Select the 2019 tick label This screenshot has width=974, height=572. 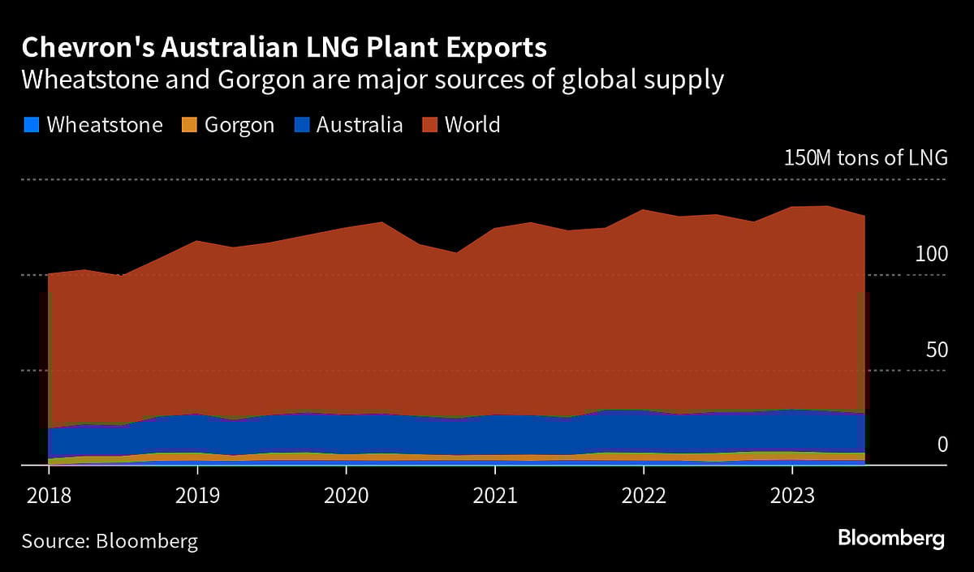tap(196, 494)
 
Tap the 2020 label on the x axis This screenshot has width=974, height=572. tap(346, 494)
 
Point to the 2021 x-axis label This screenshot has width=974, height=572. tap(494, 494)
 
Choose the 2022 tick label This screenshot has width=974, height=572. tap(644, 494)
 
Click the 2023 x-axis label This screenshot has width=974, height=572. tap(792, 494)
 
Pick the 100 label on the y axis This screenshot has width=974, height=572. tap(931, 254)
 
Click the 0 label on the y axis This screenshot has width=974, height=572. tap(942, 444)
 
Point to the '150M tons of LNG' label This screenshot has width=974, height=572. tap(865, 157)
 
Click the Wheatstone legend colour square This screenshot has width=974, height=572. tap(31, 125)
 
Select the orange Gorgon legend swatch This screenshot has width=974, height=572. tap(188, 125)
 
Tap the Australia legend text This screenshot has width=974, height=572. tap(360, 125)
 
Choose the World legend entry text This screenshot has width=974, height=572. tap(472, 125)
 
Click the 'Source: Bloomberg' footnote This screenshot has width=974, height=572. tap(110, 541)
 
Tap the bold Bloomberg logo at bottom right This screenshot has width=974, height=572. tap(891, 538)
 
